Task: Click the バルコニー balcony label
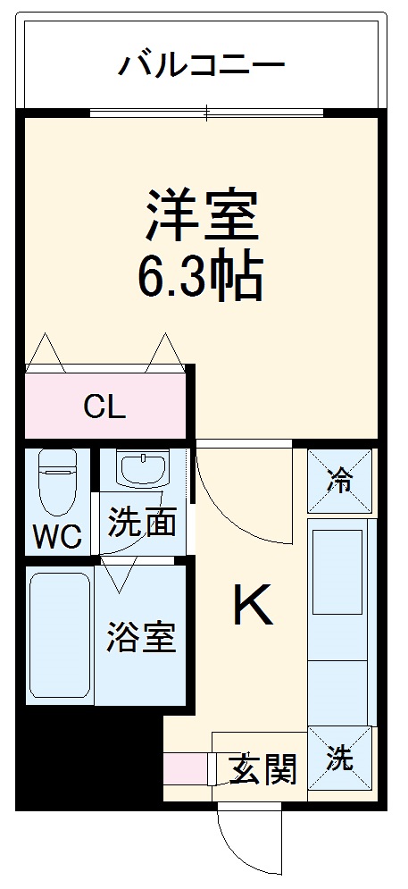pyautogui.click(x=201, y=64)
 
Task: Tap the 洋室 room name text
pyautogui.click(x=203, y=214)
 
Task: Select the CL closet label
pyautogui.click(x=104, y=407)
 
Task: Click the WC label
pyautogui.click(x=58, y=536)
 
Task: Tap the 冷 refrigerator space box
pyautogui.click(x=339, y=480)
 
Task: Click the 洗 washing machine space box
pyautogui.click(x=339, y=759)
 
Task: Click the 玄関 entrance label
pyautogui.click(x=262, y=767)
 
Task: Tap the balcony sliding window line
pyautogui.click(x=206, y=113)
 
